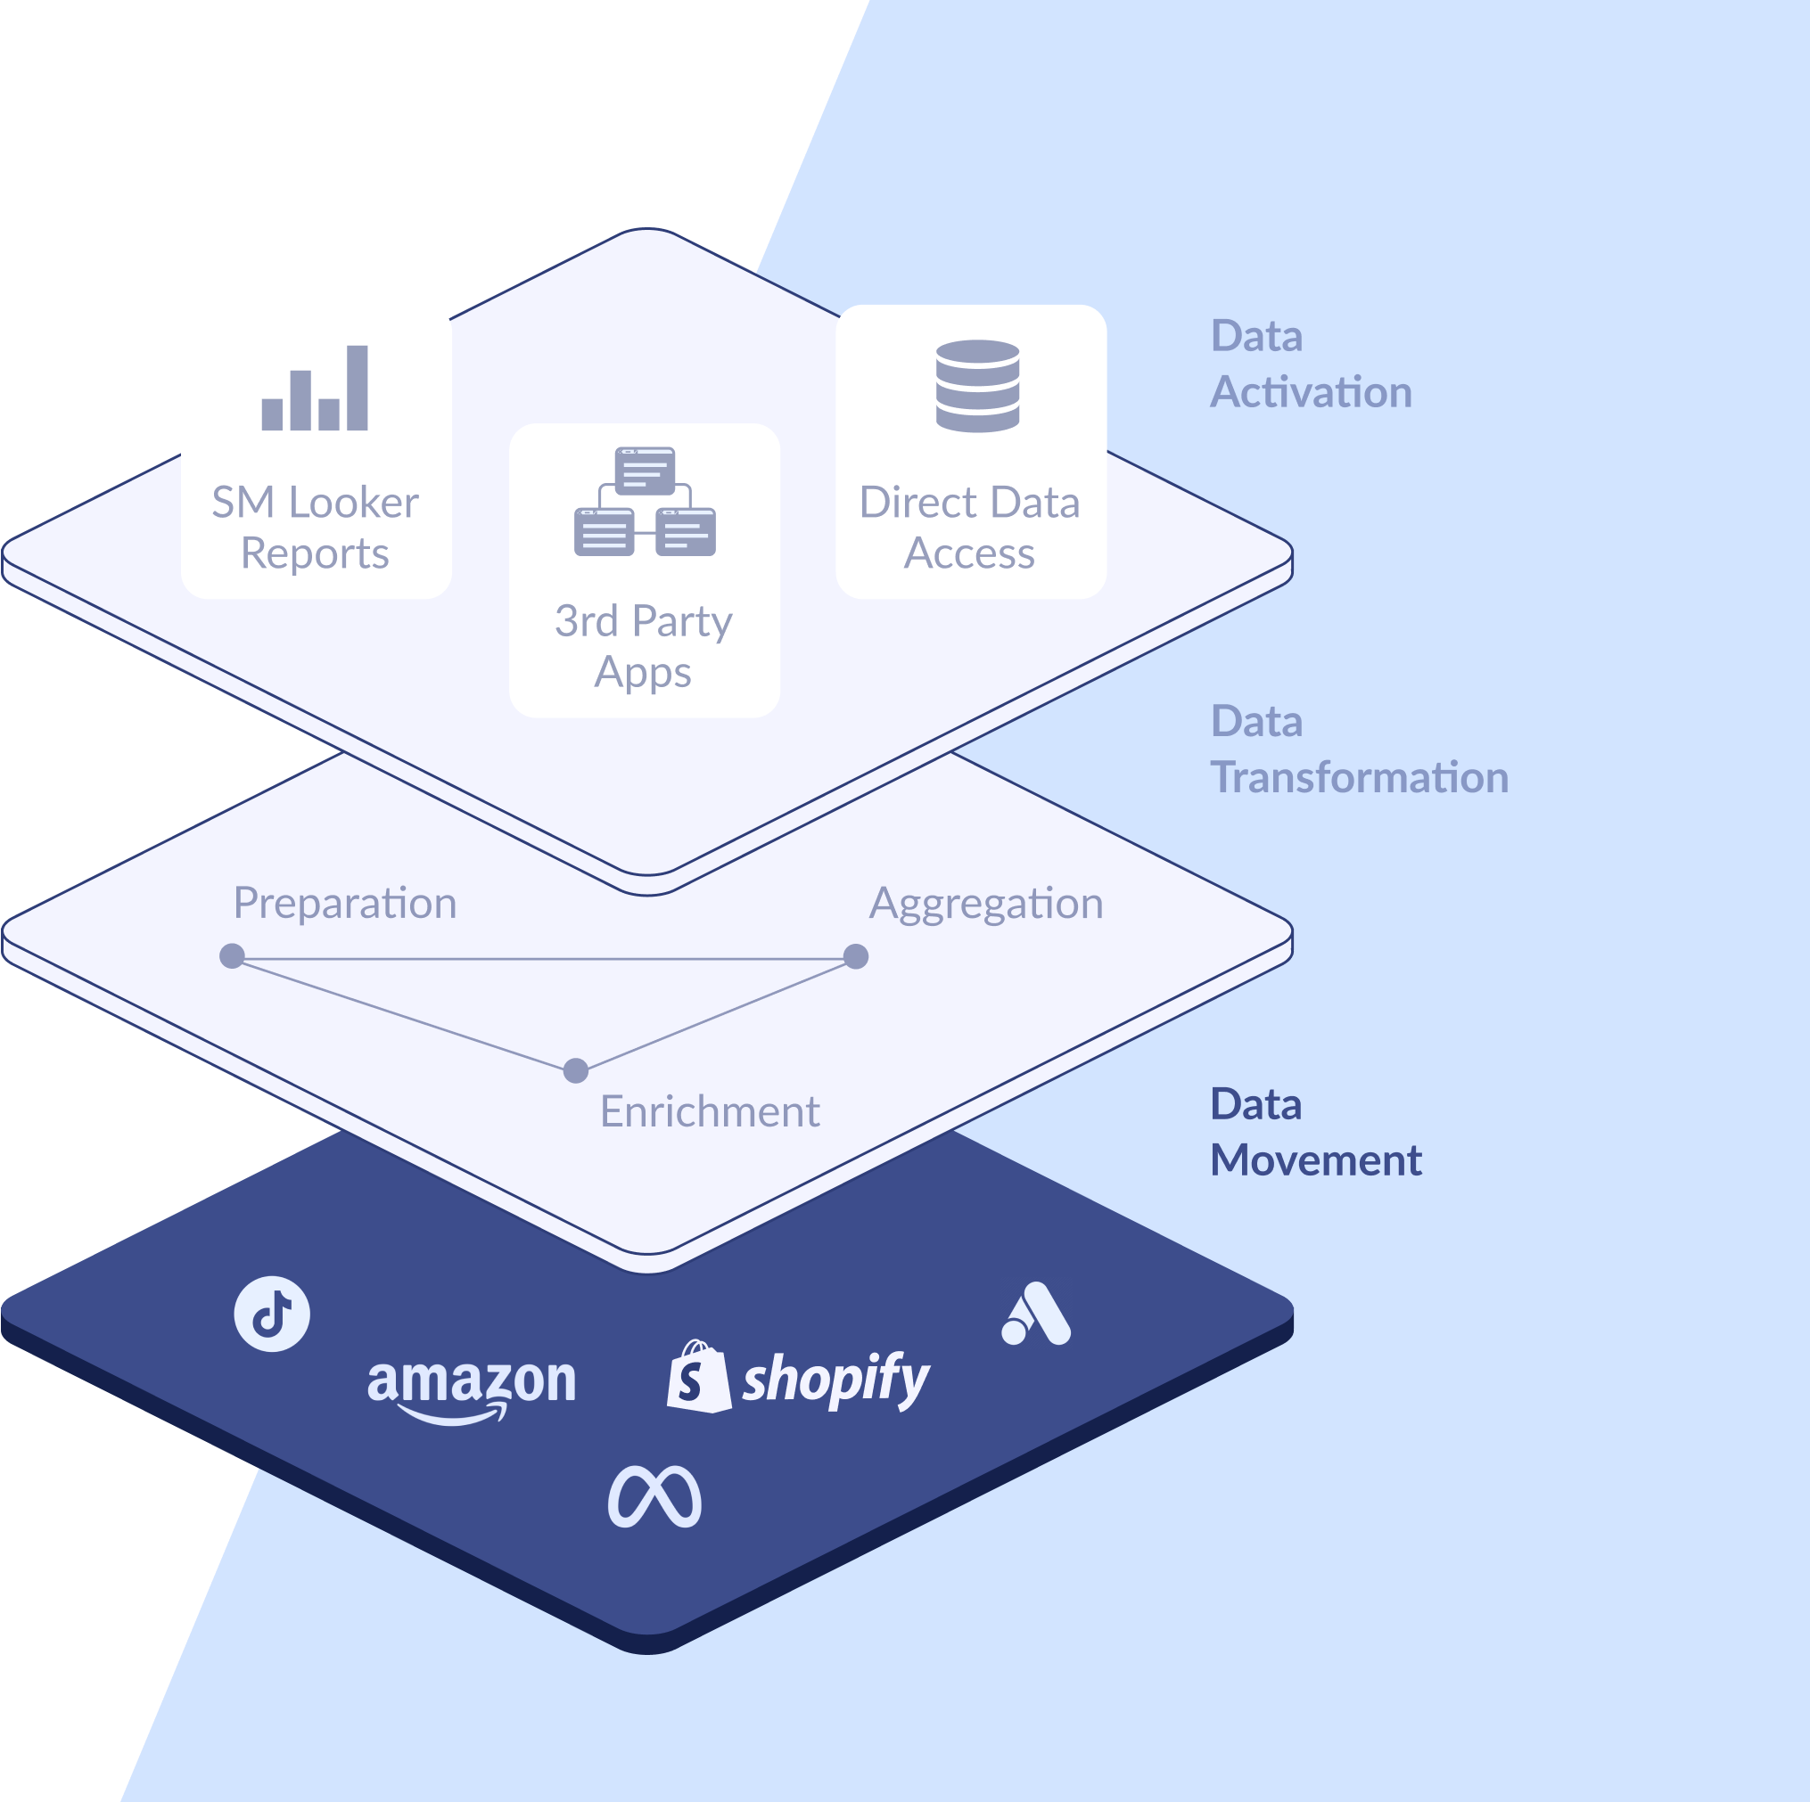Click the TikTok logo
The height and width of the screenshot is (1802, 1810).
coord(272,1313)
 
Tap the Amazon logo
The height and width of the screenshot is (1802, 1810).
coord(472,1386)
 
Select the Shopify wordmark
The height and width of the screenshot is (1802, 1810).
coord(835,1379)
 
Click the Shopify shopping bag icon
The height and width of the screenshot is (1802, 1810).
coord(698,1376)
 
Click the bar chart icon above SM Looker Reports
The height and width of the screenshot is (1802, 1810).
coord(315,388)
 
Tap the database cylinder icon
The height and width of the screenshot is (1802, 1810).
coord(977,386)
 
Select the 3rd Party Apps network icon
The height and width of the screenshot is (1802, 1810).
coord(645,502)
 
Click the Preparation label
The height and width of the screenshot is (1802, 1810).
coord(345,903)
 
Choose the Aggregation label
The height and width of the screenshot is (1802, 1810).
coord(985,903)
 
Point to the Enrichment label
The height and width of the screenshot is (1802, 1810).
coord(709,1111)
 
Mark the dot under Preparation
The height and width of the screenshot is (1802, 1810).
coord(233,956)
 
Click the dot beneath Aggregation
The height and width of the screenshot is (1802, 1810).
coord(855,956)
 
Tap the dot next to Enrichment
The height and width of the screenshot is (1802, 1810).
coord(576,1070)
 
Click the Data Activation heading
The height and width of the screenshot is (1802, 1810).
coord(1311,364)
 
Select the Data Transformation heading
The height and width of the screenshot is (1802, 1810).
coord(1359,749)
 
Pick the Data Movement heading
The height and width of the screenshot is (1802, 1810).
coord(1315,1133)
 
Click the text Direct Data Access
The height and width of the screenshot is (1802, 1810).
coord(970,528)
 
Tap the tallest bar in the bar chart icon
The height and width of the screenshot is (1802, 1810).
coord(357,388)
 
